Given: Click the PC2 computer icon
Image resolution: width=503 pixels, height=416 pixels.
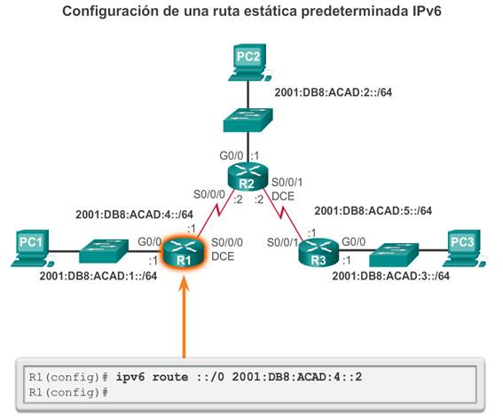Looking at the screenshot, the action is pyautogui.click(x=248, y=62).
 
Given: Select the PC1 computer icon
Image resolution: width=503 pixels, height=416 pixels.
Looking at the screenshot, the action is pyautogui.click(x=30, y=248).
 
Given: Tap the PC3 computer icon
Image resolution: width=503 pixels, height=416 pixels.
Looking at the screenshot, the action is pyautogui.click(x=463, y=248).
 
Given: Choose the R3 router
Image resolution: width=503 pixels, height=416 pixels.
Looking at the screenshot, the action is pyautogui.click(x=318, y=253).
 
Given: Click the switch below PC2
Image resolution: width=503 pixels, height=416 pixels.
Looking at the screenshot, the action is pyautogui.click(x=248, y=120).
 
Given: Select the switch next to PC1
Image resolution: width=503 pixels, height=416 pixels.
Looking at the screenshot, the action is pyautogui.click(x=104, y=251).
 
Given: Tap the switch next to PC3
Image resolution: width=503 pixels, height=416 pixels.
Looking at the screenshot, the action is pyautogui.click(x=394, y=255).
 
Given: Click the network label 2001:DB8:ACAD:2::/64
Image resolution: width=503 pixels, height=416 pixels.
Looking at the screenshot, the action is pyautogui.click(x=334, y=92).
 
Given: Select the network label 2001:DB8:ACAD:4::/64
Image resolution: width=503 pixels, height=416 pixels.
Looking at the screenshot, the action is pyautogui.click(x=135, y=215).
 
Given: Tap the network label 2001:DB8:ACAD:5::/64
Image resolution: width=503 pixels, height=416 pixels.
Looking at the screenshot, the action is pyautogui.click(x=373, y=211).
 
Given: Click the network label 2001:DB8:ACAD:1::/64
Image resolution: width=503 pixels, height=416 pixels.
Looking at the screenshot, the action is pyautogui.click(x=98, y=276).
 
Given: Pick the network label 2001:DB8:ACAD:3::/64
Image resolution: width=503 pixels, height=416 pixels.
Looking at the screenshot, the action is pyautogui.click(x=390, y=276).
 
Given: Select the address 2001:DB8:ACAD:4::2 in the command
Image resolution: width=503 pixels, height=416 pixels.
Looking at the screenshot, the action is pyautogui.click(x=297, y=377).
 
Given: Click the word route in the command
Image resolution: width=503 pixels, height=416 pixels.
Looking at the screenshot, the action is pyautogui.click(x=170, y=377).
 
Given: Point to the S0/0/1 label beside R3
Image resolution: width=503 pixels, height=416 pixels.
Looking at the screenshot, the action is pyautogui.click(x=282, y=242).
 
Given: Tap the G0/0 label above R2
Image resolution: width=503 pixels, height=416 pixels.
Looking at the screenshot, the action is pyautogui.click(x=232, y=156).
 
